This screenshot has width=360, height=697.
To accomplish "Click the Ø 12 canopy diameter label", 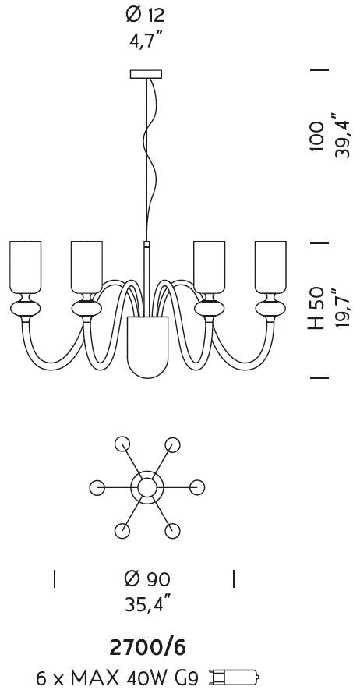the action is coord(146,16).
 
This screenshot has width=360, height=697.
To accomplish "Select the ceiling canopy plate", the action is coord(146,74).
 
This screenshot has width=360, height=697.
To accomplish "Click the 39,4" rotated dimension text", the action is coord(343,136).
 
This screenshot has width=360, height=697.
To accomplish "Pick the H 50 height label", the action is coord(316,309).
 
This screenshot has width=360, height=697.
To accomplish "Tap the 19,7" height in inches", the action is coord(342,307).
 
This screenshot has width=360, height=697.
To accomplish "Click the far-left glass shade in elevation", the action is coord(26,267).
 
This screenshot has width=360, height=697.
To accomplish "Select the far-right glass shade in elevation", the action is coord(270,267).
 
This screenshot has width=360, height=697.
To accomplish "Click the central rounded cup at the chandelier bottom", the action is coord(147,347).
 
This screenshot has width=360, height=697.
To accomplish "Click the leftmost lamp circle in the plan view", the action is coord(97,487).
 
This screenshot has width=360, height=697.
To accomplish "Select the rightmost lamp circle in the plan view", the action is coord(197,487).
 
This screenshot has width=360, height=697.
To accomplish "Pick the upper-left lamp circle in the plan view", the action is coord(122,444).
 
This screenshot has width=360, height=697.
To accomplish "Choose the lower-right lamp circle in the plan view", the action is coord(172,530).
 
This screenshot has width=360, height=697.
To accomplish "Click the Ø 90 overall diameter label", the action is coord(147,579).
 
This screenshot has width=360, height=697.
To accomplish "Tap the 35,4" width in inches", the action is coord(147,606).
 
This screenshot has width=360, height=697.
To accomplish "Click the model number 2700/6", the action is coord(147,648).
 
